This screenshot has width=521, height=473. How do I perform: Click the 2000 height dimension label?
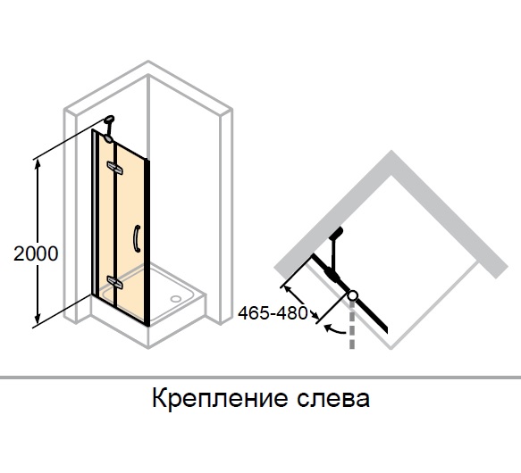click(36, 254)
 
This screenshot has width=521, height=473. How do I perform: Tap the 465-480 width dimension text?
click(273, 313)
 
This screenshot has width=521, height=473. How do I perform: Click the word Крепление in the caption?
click(219, 398)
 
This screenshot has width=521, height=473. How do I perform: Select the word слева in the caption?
click(333, 398)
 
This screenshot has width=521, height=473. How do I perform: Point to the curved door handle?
click(137, 238)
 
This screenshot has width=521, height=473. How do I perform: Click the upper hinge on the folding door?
click(114, 167)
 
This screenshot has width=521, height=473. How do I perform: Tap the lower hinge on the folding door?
click(114, 281)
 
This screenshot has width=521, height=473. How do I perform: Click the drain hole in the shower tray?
click(176, 299)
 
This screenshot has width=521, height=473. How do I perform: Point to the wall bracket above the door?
click(109, 128)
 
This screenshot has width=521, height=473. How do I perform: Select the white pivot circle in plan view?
click(352, 295)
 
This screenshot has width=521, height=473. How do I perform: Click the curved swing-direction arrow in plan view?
click(335, 329)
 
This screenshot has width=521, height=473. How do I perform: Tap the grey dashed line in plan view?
click(352, 325)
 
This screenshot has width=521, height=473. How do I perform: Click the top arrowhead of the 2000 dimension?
click(38, 163)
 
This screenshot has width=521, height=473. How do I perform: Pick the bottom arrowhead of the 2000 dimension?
click(38, 319)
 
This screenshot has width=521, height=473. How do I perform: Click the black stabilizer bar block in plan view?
click(335, 233)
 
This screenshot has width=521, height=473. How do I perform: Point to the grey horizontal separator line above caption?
click(261, 378)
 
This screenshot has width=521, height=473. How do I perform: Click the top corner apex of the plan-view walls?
click(391, 151)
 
